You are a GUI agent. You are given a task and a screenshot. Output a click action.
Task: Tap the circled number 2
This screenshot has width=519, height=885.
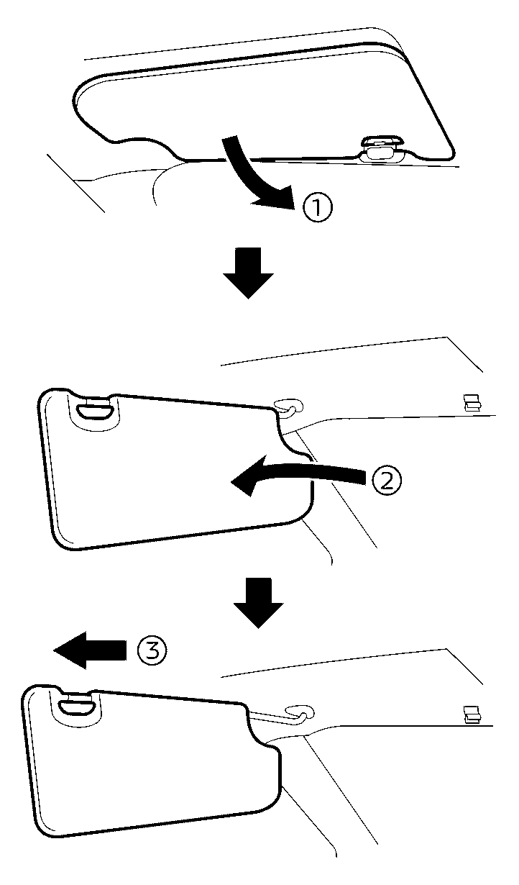(386, 479)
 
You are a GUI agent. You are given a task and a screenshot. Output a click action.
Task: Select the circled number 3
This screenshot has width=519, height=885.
(151, 652)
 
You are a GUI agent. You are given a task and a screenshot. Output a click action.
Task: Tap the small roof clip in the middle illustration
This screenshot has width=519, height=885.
(472, 401)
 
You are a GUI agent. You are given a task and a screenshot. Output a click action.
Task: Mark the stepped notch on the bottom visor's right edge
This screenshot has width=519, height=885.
(270, 748)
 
